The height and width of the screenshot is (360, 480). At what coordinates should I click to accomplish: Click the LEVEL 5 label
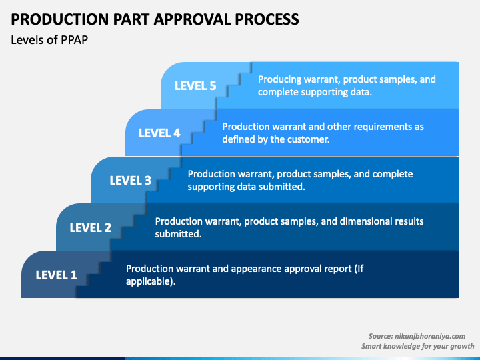pos(195,86)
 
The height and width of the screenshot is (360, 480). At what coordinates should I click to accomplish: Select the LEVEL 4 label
pos(159,133)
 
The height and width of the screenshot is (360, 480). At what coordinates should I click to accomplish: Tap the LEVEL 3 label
pos(131,180)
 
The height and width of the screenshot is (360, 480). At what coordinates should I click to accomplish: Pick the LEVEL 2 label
pos(90,228)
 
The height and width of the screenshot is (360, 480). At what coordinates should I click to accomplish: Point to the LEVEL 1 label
pos(56,275)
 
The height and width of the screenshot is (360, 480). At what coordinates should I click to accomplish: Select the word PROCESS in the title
pos(267,19)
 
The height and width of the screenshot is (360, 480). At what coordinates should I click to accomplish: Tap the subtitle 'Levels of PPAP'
pos(49,40)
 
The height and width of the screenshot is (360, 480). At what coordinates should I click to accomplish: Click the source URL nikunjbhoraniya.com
pos(430,336)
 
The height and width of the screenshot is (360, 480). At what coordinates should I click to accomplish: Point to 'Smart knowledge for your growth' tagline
pos(417,346)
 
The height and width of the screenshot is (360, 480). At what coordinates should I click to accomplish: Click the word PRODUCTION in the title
pos(60,19)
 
